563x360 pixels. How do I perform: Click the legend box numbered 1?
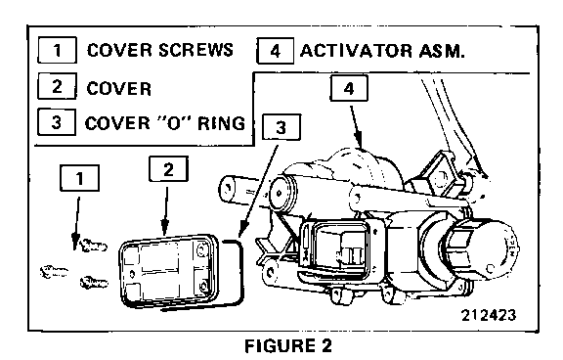57,50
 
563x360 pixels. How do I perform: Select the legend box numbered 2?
57,86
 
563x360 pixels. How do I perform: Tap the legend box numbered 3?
57,122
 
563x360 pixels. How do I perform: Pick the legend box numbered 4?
276,51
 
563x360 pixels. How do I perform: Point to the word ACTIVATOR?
356,51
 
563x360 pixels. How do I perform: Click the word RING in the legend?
222,123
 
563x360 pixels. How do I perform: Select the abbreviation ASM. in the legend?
442,51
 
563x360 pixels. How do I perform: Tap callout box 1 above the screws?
79,178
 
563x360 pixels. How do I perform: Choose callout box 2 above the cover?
168,169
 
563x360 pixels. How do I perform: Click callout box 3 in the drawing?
281,127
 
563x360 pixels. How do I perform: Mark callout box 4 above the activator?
349,88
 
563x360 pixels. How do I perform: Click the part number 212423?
489,315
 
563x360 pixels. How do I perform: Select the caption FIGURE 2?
288,346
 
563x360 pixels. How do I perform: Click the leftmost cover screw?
54,272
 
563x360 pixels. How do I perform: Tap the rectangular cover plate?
169,270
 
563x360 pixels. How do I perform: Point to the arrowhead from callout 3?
243,229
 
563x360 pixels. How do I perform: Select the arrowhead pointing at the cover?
165,228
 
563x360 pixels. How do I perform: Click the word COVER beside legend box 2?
119,89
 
